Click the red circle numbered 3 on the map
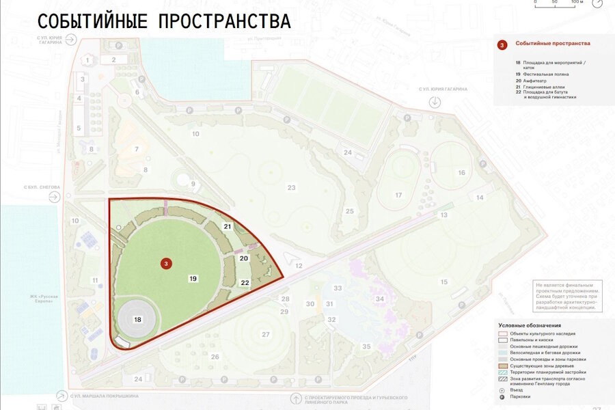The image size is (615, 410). click(x=165, y=263)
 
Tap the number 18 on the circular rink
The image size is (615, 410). click(x=137, y=319)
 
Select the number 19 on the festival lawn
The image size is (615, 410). click(x=193, y=279)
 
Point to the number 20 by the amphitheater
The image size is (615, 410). click(x=244, y=258)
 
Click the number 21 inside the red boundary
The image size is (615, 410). click(x=228, y=226)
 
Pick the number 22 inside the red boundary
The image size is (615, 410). click(x=245, y=282)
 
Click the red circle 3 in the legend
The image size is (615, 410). click(x=502, y=45)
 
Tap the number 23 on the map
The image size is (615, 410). click(x=291, y=187)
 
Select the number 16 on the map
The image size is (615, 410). click(x=461, y=173)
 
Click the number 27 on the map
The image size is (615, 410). click(x=266, y=334)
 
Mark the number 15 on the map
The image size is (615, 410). click(x=444, y=282)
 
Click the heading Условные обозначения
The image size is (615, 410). click(x=530, y=325)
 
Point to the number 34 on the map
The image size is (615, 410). click(x=380, y=299)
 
